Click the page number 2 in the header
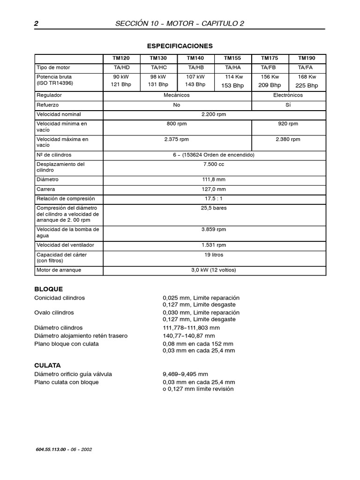click(x=36, y=24)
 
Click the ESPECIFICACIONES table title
click(x=180, y=46)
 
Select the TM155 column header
click(x=232, y=58)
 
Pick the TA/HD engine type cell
click(x=121, y=67)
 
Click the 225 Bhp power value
click(x=307, y=85)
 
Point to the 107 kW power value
click(x=195, y=77)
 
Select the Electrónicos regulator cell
click(x=289, y=95)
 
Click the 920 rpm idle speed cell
click(x=289, y=124)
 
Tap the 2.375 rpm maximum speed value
click(x=177, y=139)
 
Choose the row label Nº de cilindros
click(x=54, y=155)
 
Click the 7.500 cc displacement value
click(x=214, y=165)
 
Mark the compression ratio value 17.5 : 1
click(x=214, y=199)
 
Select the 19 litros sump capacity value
click(x=214, y=255)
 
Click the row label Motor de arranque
click(x=59, y=270)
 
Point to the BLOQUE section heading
click(x=48, y=289)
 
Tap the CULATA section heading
click(x=47, y=365)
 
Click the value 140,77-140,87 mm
click(x=189, y=336)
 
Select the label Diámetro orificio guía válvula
click(x=73, y=374)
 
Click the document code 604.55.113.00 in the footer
click(x=52, y=449)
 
